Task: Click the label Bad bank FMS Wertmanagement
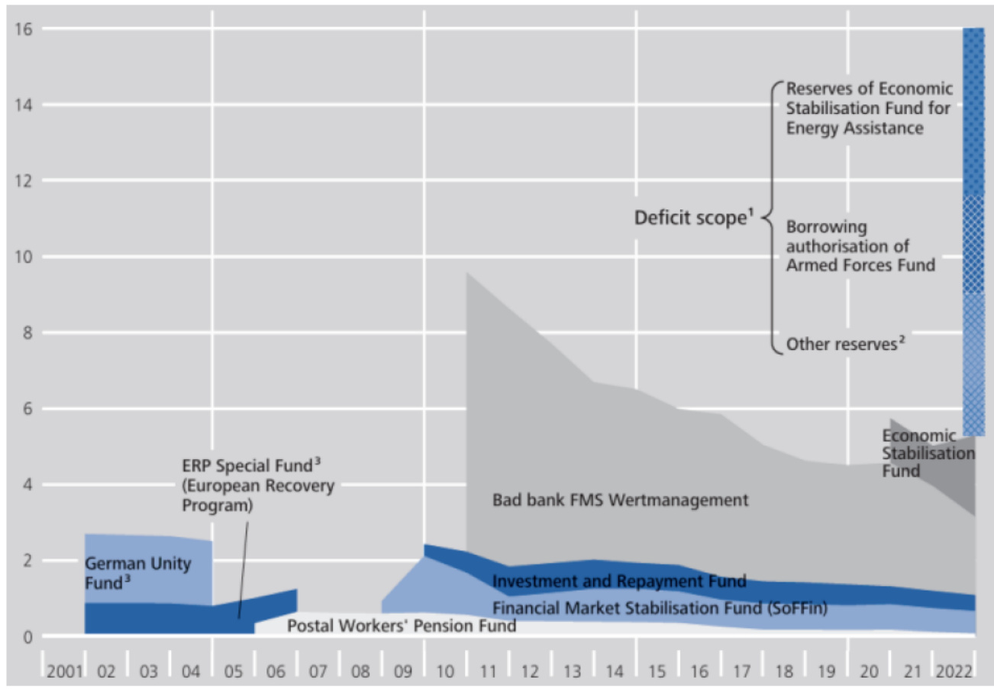click(621, 501)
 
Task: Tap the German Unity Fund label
click(137, 573)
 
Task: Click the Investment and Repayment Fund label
click(619, 581)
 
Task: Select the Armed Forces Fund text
click(860, 266)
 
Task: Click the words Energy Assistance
click(855, 128)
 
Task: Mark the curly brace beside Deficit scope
click(773, 218)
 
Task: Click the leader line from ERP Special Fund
click(244, 565)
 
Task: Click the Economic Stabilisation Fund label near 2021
click(927, 452)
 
